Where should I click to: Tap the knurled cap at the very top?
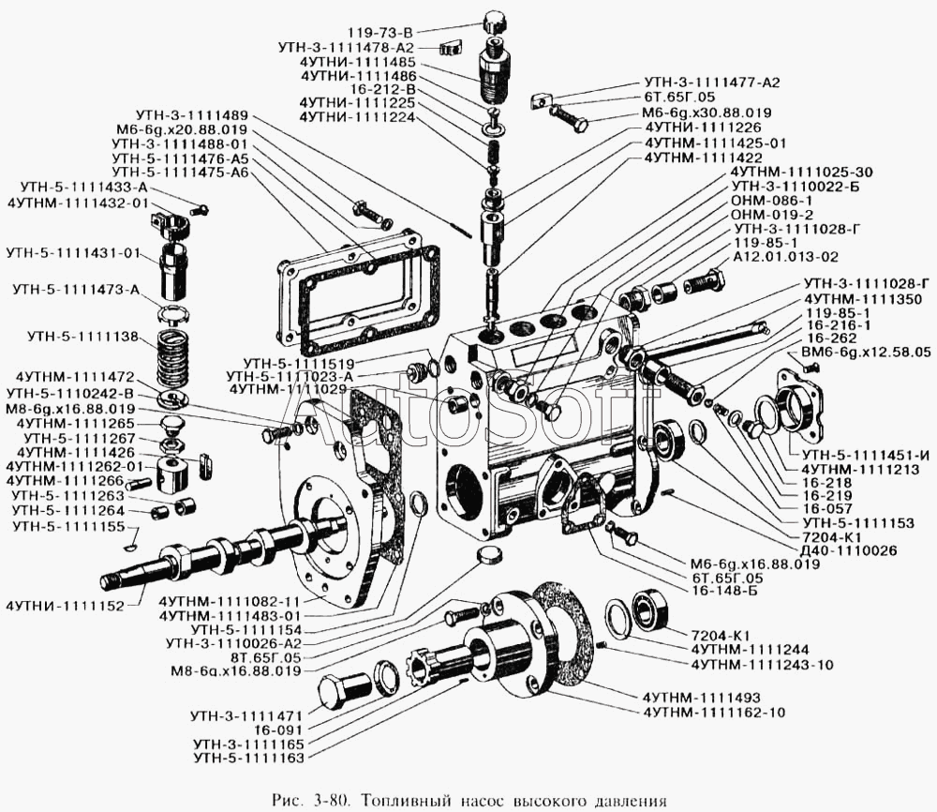point(495,23)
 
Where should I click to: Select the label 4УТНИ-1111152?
point(66,607)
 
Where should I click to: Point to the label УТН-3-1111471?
point(246,715)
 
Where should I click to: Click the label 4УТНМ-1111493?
point(702,698)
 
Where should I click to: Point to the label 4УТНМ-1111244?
point(750,650)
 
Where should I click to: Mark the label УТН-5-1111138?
point(82,338)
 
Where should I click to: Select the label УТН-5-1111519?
point(299,364)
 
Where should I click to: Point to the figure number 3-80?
point(326,800)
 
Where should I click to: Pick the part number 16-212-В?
point(382,90)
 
